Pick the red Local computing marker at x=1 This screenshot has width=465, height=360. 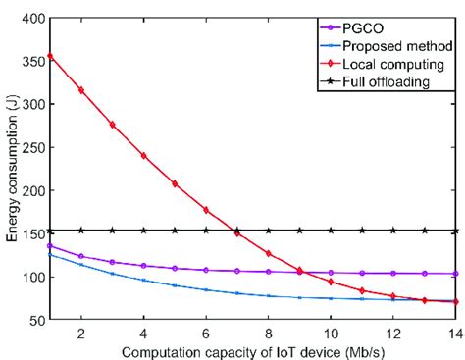point(50,56)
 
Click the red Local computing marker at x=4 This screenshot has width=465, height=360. point(143,155)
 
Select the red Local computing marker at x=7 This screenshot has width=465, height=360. point(236,232)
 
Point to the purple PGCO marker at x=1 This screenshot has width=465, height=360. point(50,246)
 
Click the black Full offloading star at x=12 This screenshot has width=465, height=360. point(393,231)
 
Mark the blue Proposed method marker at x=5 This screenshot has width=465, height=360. point(175,285)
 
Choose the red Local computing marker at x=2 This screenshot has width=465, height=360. point(81,90)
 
